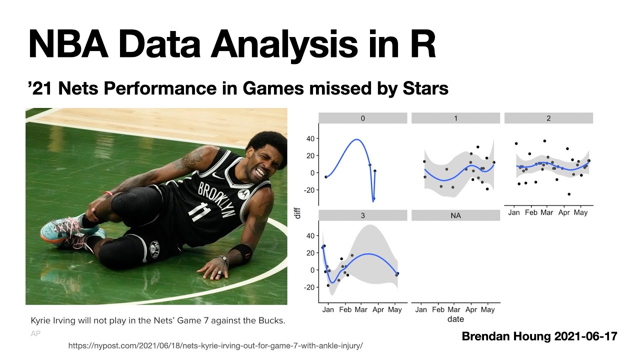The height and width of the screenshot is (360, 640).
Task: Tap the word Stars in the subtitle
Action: (x=425, y=88)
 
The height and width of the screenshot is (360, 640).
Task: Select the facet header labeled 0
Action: (x=363, y=118)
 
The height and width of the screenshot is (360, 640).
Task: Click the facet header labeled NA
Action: (x=455, y=215)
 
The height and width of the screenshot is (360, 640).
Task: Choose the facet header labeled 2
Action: (x=548, y=118)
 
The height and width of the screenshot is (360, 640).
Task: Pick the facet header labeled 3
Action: (x=363, y=215)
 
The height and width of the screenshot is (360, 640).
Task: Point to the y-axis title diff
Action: (x=298, y=213)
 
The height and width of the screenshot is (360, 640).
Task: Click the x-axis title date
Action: (x=455, y=319)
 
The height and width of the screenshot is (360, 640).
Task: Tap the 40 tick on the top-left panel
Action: (x=310, y=138)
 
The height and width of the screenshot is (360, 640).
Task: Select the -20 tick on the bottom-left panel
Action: (x=309, y=287)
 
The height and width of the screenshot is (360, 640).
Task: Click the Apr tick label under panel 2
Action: (x=564, y=212)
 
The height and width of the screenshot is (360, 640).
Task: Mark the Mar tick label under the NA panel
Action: (x=454, y=309)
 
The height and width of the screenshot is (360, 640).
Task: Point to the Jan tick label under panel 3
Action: (x=328, y=309)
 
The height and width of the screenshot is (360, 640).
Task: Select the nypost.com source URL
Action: (x=215, y=345)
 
